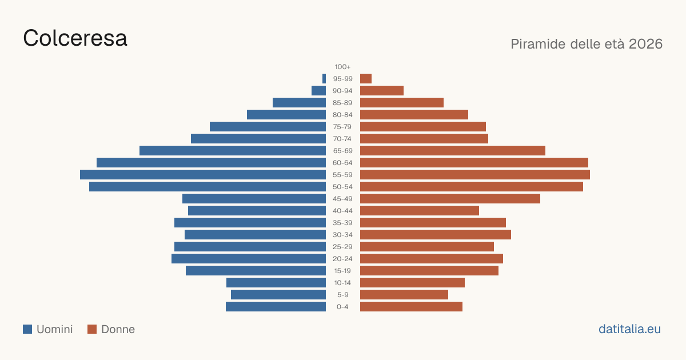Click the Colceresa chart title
[x=75, y=38]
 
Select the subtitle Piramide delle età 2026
[x=587, y=44]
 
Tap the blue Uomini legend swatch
[x=27, y=329]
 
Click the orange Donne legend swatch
[x=92, y=329]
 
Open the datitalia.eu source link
[x=629, y=329]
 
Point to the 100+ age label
[x=342, y=67]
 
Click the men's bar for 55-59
[x=203, y=174]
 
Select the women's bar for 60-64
[x=474, y=162]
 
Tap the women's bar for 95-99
[x=366, y=79]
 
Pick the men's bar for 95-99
[x=324, y=79]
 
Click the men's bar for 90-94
[x=318, y=91]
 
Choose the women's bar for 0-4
[x=411, y=307]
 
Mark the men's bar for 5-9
[x=278, y=295]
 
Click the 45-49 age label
[x=342, y=199]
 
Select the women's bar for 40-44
[x=420, y=211]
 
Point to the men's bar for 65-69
[x=233, y=151]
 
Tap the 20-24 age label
[x=342, y=259]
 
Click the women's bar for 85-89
[x=402, y=102]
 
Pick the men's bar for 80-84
[x=286, y=114]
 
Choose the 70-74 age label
[x=342, y=139]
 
